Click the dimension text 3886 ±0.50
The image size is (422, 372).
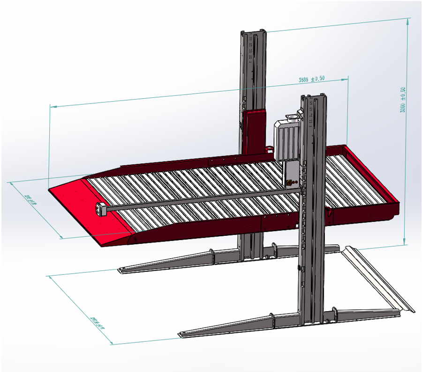click(312, 79)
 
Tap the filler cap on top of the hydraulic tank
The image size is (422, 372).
click(294, 115)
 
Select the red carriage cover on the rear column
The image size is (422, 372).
click(254, 131)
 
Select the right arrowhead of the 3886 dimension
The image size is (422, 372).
click(347, 78)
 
